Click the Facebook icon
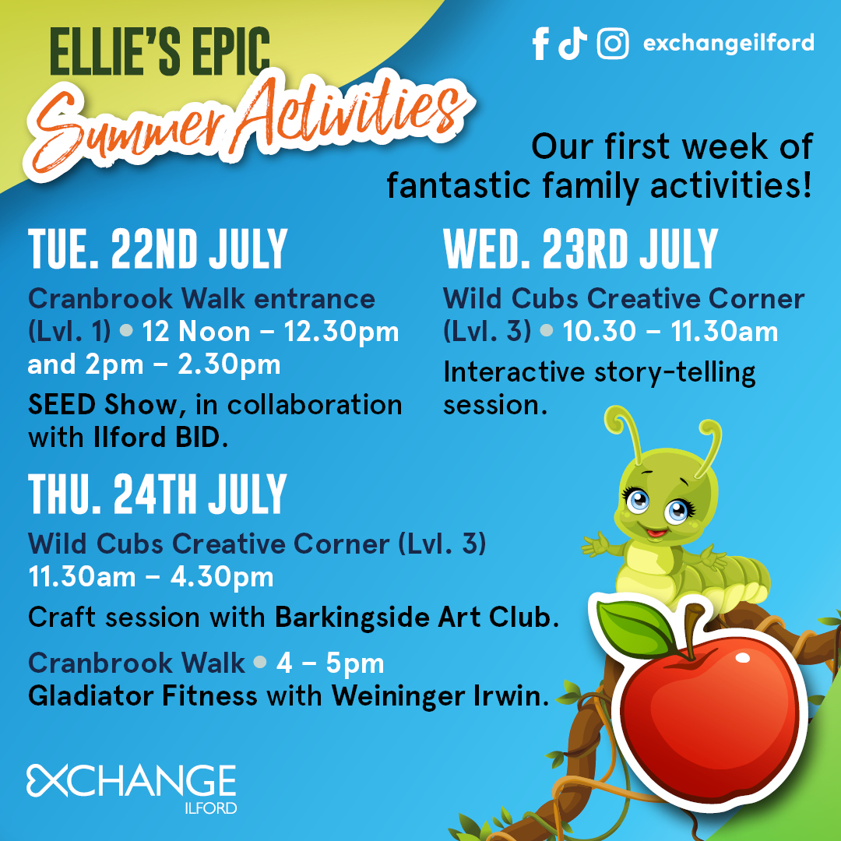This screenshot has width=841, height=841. [540, 44]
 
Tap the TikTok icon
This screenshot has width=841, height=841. [572, 44]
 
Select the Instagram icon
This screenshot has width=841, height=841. [613, 44]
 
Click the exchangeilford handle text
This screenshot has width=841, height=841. [728, 43]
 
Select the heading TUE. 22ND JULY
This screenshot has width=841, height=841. [157, 249]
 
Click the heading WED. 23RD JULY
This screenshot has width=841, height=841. [580, 249]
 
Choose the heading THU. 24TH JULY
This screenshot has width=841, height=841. [157, 494]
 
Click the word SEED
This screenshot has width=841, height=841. [62, 404]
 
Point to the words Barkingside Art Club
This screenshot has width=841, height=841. [417, 618]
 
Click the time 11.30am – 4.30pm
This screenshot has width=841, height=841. [151, 577]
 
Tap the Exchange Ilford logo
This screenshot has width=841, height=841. [132, 788]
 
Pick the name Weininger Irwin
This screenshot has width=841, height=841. [440, 695]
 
